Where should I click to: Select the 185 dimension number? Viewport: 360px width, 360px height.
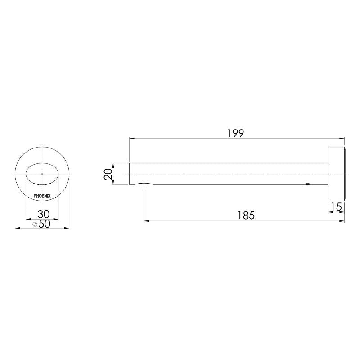pos(246,216)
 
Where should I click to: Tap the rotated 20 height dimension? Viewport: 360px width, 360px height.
pos(108,174)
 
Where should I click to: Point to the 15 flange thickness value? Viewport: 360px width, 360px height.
pos(336,207)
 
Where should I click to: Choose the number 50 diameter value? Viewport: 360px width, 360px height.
pos(44,224)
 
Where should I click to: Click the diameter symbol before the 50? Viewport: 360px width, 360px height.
pos(36,224)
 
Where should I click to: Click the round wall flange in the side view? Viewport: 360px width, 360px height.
pos(336,174)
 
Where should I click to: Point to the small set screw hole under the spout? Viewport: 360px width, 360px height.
pos(307,184)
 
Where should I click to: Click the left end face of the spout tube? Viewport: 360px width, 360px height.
pos(130,174)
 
